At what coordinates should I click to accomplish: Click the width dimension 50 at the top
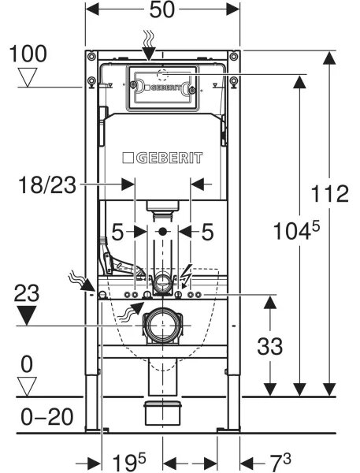point(162,10)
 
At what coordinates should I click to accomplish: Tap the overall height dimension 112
point(329,194)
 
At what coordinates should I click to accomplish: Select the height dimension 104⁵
point(296,231)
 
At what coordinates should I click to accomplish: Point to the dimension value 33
point(270,346)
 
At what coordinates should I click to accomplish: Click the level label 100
point(28,54)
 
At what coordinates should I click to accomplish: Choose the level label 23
point(27,293)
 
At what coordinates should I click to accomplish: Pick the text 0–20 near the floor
point(46,417)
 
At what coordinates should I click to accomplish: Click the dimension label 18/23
point(47,185)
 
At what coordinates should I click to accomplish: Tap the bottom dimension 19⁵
point(129,462)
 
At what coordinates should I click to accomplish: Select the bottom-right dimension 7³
point(280,462)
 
